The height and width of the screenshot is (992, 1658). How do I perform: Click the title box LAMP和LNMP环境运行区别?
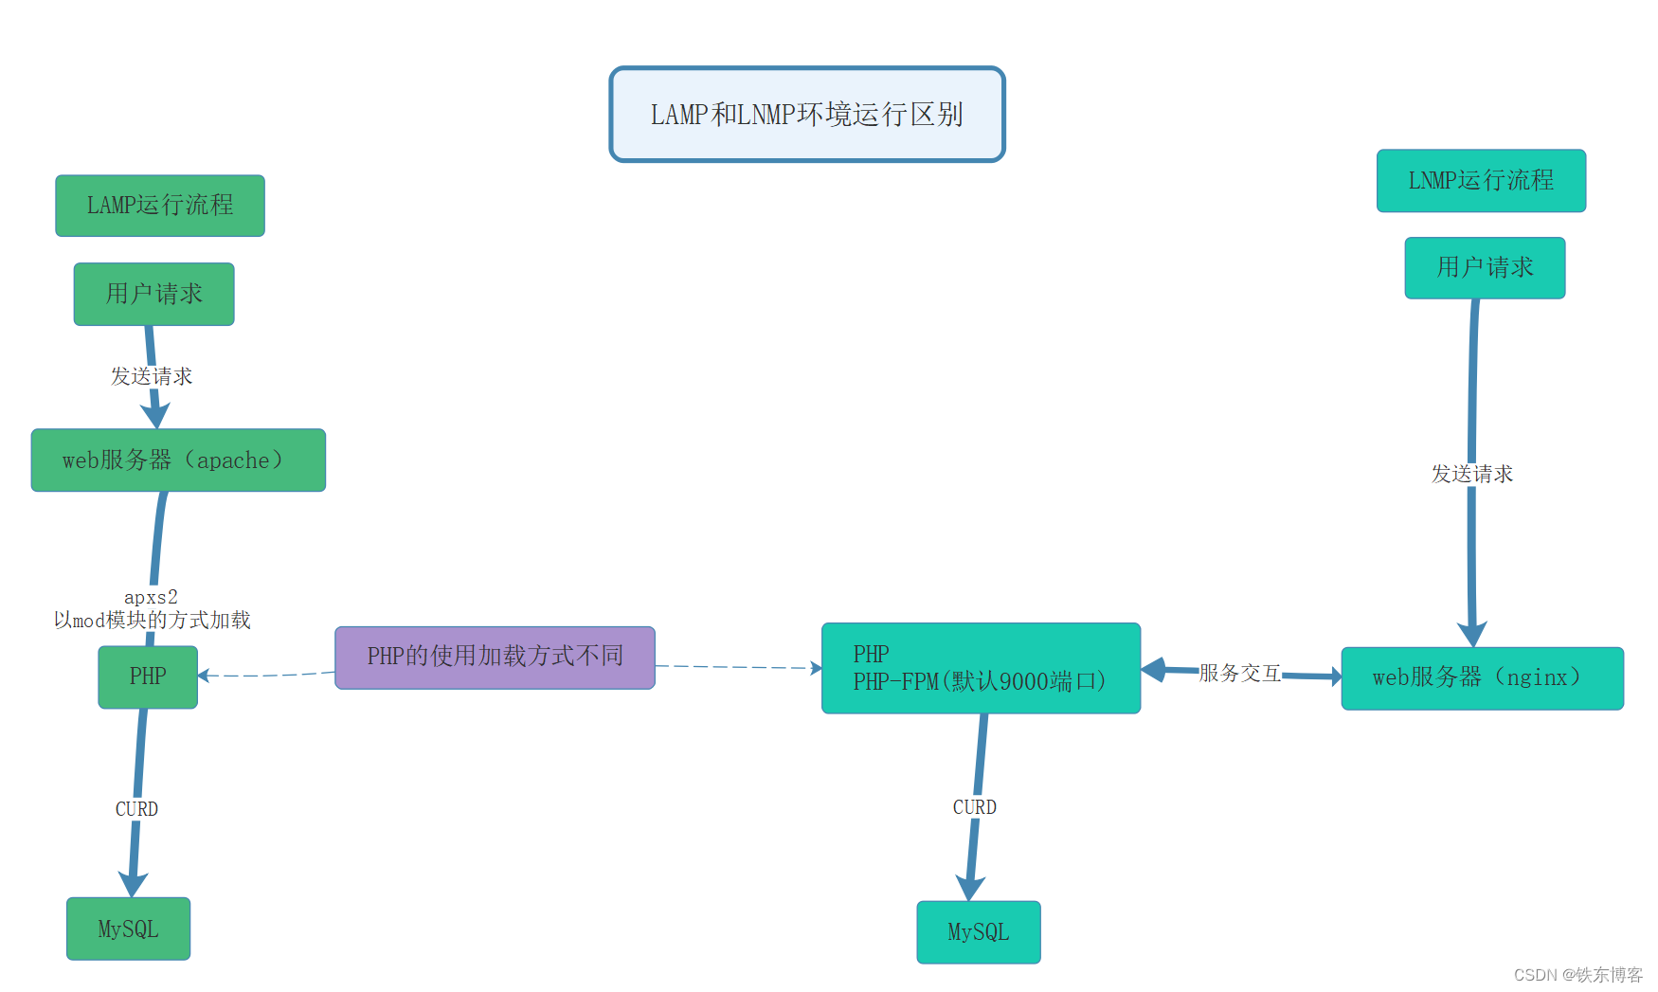[806, 115]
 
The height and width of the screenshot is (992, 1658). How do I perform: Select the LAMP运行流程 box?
[160, 206]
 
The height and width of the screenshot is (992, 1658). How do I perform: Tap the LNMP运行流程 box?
[1481, 181]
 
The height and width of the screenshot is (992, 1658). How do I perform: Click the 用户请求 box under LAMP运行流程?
[154, 295]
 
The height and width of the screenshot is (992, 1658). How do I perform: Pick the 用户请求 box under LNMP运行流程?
[1485, 268]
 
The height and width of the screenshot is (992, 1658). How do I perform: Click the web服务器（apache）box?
[178, 460]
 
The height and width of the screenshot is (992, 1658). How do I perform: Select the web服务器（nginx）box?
[1482, 677]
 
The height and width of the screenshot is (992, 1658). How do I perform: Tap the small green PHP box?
[148, 676]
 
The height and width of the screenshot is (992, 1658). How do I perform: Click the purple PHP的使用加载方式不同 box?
[495, 657]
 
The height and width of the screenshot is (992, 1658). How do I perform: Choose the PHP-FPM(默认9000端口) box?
[981, 669]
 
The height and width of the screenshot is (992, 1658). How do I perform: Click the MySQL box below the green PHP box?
[128, 929]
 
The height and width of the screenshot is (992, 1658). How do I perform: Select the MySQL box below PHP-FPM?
[979, 932]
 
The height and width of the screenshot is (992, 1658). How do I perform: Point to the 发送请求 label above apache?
[152, 376]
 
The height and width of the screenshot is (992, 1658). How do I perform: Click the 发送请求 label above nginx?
[1471, 474]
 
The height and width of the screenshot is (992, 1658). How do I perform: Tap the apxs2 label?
[151, 597]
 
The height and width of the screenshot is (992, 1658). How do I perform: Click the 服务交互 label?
[1239, 673]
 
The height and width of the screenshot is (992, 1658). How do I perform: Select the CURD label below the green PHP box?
[136, 809]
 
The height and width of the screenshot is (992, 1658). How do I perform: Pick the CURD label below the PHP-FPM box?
[974, 807]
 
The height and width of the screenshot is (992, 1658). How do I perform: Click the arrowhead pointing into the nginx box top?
[1472, 635]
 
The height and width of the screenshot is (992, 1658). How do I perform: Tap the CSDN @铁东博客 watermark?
[1577, 975]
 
